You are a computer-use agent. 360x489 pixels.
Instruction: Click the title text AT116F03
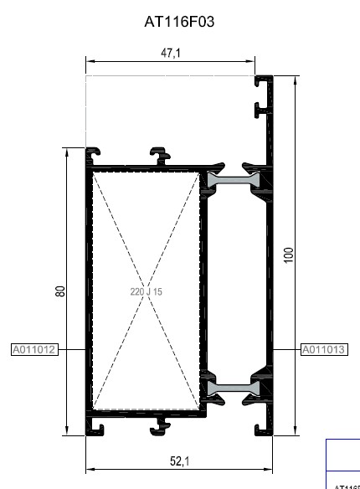[179, 22]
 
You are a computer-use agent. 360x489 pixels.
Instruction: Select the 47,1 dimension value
[171, 53]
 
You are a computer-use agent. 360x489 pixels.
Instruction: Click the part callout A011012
[34, 350]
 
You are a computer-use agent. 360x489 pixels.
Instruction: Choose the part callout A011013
[323, 350]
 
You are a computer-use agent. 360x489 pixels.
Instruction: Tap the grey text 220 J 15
[146, 291]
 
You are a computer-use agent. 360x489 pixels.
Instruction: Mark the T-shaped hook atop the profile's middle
[159, 154]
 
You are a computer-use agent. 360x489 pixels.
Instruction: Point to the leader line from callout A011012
[71, 350]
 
